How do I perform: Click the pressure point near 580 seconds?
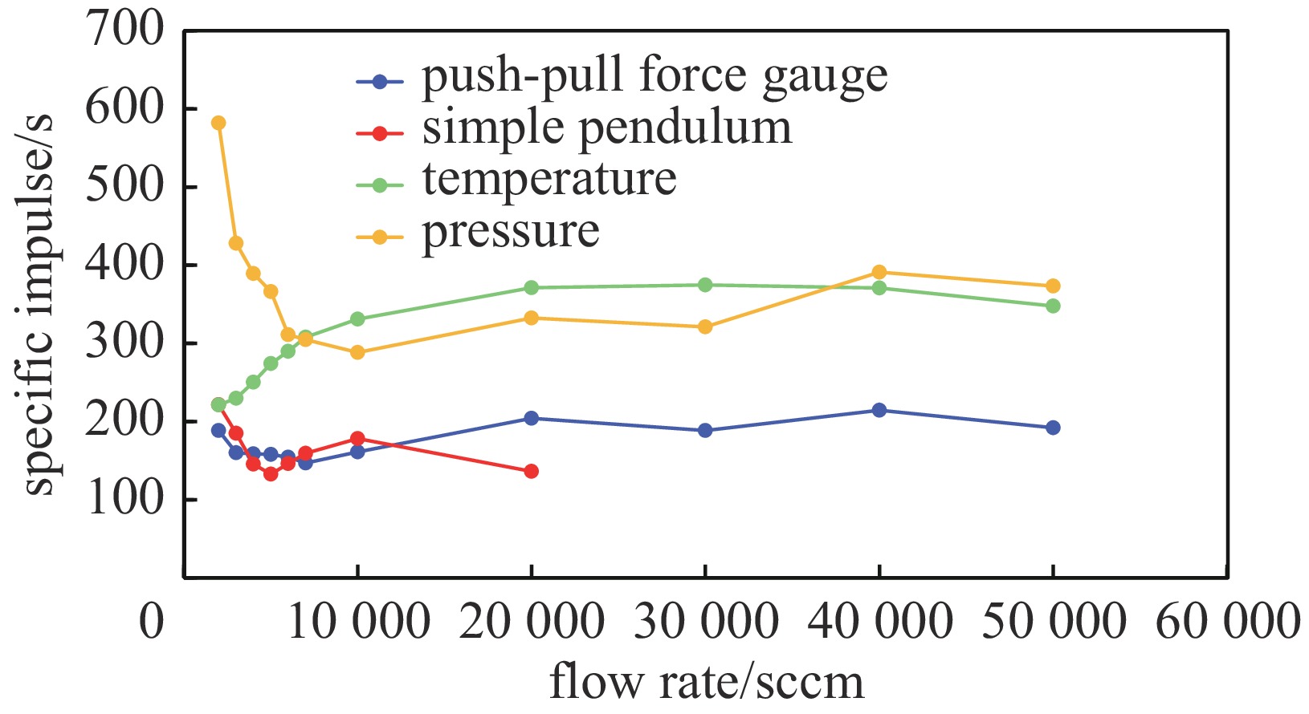[x=218, y=123]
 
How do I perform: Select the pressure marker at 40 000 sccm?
[x=879, y=272]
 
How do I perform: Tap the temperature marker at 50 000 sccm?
[x=1053, y=306]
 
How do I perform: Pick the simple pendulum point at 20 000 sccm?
[x=531, y=471]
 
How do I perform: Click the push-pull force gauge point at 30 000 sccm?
[x=705, y=430]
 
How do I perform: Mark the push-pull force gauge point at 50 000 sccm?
[x=1053, y=428]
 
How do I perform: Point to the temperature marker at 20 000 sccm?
[x=531, y=287]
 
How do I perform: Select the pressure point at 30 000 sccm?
[x=705, y=327]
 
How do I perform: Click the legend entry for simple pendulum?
[x=606, y=128]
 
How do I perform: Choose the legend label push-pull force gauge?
[x=654, y=76]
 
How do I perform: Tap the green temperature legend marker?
[x=380, y=185]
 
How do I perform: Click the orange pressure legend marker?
[x=380, y=237]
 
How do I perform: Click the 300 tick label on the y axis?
[x=124, y=343]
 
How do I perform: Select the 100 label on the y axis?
[x=124, y=499]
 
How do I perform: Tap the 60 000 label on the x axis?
[x=1227, y=622]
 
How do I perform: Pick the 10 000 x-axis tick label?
[x=358, y=622]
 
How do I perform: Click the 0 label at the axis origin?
[x=152, y=622]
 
